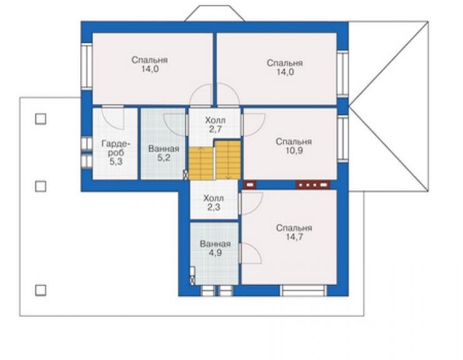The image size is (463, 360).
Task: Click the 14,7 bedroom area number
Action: tap(294, 237)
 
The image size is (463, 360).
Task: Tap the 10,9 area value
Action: tap(294, 151)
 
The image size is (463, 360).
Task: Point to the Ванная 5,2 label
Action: tap(163, 153)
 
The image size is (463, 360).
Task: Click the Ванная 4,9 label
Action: tap(215, 249)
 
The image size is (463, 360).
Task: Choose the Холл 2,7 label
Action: tap(215, 125)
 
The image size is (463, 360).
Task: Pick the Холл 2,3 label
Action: tap(213, 203)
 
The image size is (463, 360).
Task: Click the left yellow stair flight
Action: tap(201, 163)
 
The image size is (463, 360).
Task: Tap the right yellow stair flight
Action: tap(228, 160)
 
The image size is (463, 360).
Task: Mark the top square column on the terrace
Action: tap(41, 119)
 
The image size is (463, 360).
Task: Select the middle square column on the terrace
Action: tap(41, 187)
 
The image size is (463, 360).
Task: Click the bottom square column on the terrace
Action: tap(41, 291)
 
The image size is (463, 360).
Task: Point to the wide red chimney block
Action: tap(313, 185)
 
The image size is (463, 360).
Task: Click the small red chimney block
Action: tap(250, 185)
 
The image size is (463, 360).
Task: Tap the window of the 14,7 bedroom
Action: tap(303, 291)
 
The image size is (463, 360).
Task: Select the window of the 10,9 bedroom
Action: tap(342, 139)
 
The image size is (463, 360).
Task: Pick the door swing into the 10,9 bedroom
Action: tap(253, 125)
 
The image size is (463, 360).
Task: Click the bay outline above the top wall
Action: tap(215, 13)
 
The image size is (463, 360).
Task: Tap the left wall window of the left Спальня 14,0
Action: tap(87, 66)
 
